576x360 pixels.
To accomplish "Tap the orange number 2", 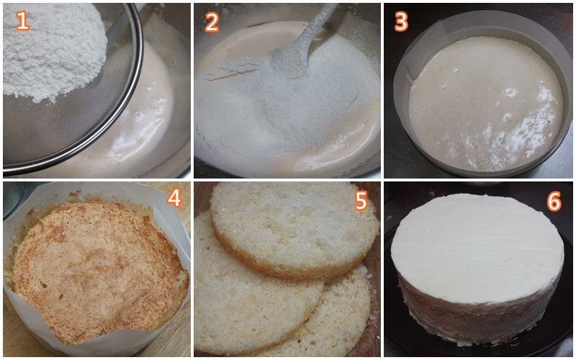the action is (212, 22).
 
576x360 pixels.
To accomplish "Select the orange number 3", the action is (401, 22).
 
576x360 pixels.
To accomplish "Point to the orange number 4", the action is (174, 199).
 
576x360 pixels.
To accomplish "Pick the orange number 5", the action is (361, 201).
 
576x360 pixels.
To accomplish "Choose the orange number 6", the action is (554, 202).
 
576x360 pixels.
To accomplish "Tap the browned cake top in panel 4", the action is (96, 268).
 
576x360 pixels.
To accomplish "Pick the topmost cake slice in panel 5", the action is (294, 228).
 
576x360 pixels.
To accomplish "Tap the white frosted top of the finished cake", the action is (477, 246).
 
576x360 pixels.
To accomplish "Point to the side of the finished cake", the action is (477, 320).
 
